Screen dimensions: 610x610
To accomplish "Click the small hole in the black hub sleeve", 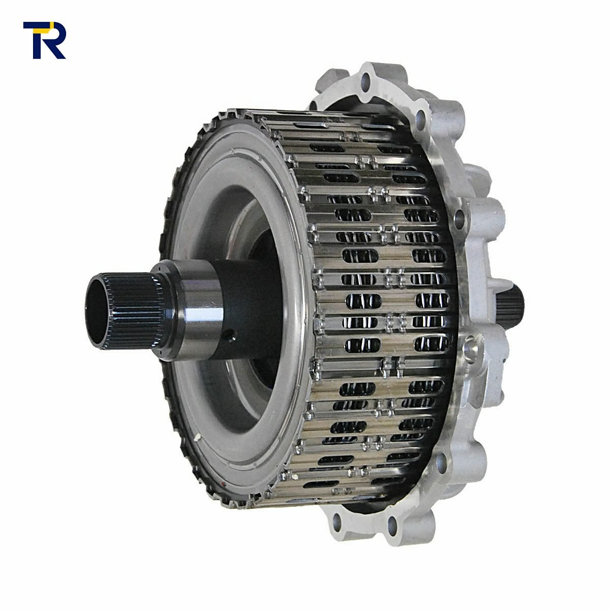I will coord(231,334).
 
